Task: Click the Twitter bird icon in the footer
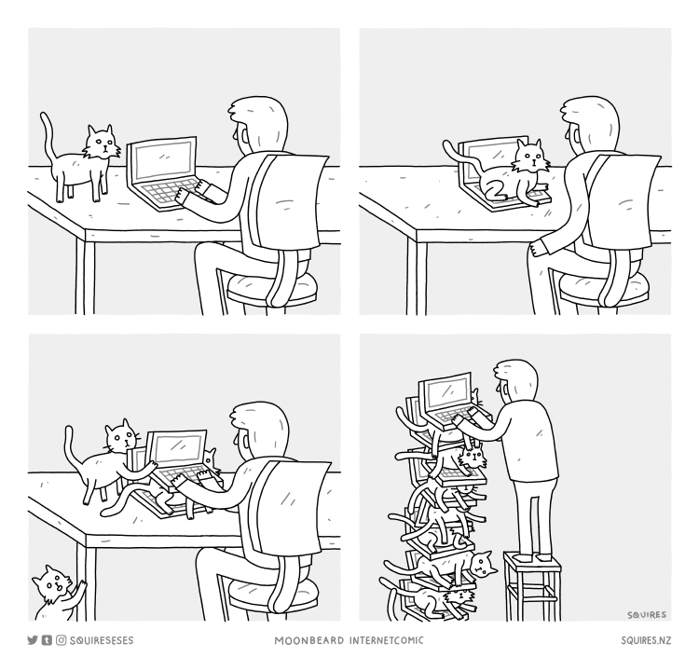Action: pyautogui.click(x=32, y=640)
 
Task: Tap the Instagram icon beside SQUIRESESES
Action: pyautogui.click(x=62, y=640)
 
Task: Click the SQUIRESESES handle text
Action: pyautogui.click(x=102, y=640)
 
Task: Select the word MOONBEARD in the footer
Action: pyautogui.click(x=309, y=640)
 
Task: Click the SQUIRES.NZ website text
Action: pyautogui.click(x=646, y=640)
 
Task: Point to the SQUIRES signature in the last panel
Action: pyautogui.click(x=647, y=615)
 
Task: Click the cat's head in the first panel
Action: pyautogui.click(x=102, y=144)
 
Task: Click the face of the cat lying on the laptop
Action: pyautogui.click(x=530, y=158)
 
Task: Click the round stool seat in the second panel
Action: pyautogui.click(x=604, y=286)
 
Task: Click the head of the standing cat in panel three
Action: pyautogui.click(x=120, y=435)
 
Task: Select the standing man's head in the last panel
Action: pyautogui.click(x=515, y=380)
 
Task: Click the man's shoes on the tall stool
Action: pyautogui.click(x=533, y=557)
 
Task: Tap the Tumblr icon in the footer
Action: pyautogui.click(x=47, y=640)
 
